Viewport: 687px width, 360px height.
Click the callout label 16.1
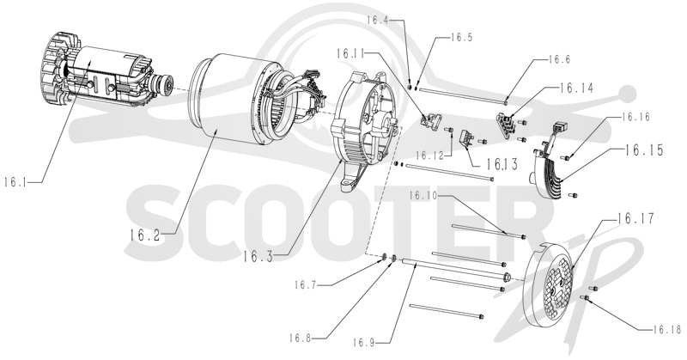15,182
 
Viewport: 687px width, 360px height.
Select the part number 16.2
144,235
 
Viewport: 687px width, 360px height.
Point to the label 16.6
559,59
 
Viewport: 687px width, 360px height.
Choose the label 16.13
502,164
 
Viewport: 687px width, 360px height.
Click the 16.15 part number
643,150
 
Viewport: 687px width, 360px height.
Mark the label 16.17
635,218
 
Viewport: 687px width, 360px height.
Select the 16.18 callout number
666,329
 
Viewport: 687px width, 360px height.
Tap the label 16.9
364,342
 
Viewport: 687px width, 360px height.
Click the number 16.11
350,53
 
